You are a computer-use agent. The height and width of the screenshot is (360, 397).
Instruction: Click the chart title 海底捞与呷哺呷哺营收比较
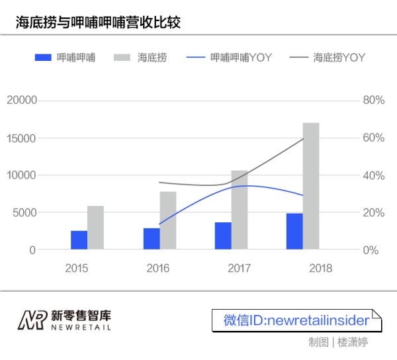[98, 22]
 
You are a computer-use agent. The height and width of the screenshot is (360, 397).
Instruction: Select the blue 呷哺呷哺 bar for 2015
[79, 240]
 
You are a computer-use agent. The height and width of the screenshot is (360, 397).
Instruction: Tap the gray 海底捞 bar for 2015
[95, 228]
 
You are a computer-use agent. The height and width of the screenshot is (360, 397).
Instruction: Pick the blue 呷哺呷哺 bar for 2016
[152, 239]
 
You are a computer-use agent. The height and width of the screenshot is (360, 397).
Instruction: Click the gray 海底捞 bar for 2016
[167, 220]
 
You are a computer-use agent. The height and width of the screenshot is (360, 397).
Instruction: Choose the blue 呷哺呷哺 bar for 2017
[223, 236]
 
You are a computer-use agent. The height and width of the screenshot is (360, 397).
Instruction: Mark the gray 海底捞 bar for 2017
[240, 210]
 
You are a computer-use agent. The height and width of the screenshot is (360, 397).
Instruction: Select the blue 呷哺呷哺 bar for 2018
[294, 232]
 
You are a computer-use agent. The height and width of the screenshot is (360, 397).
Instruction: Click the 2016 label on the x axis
[157, 268]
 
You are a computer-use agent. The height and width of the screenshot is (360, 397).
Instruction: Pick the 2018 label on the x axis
[320, 268]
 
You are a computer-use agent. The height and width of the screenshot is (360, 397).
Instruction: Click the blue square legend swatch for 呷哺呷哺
[43, 58]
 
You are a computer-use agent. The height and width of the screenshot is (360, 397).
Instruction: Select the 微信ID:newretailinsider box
[296, 320]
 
